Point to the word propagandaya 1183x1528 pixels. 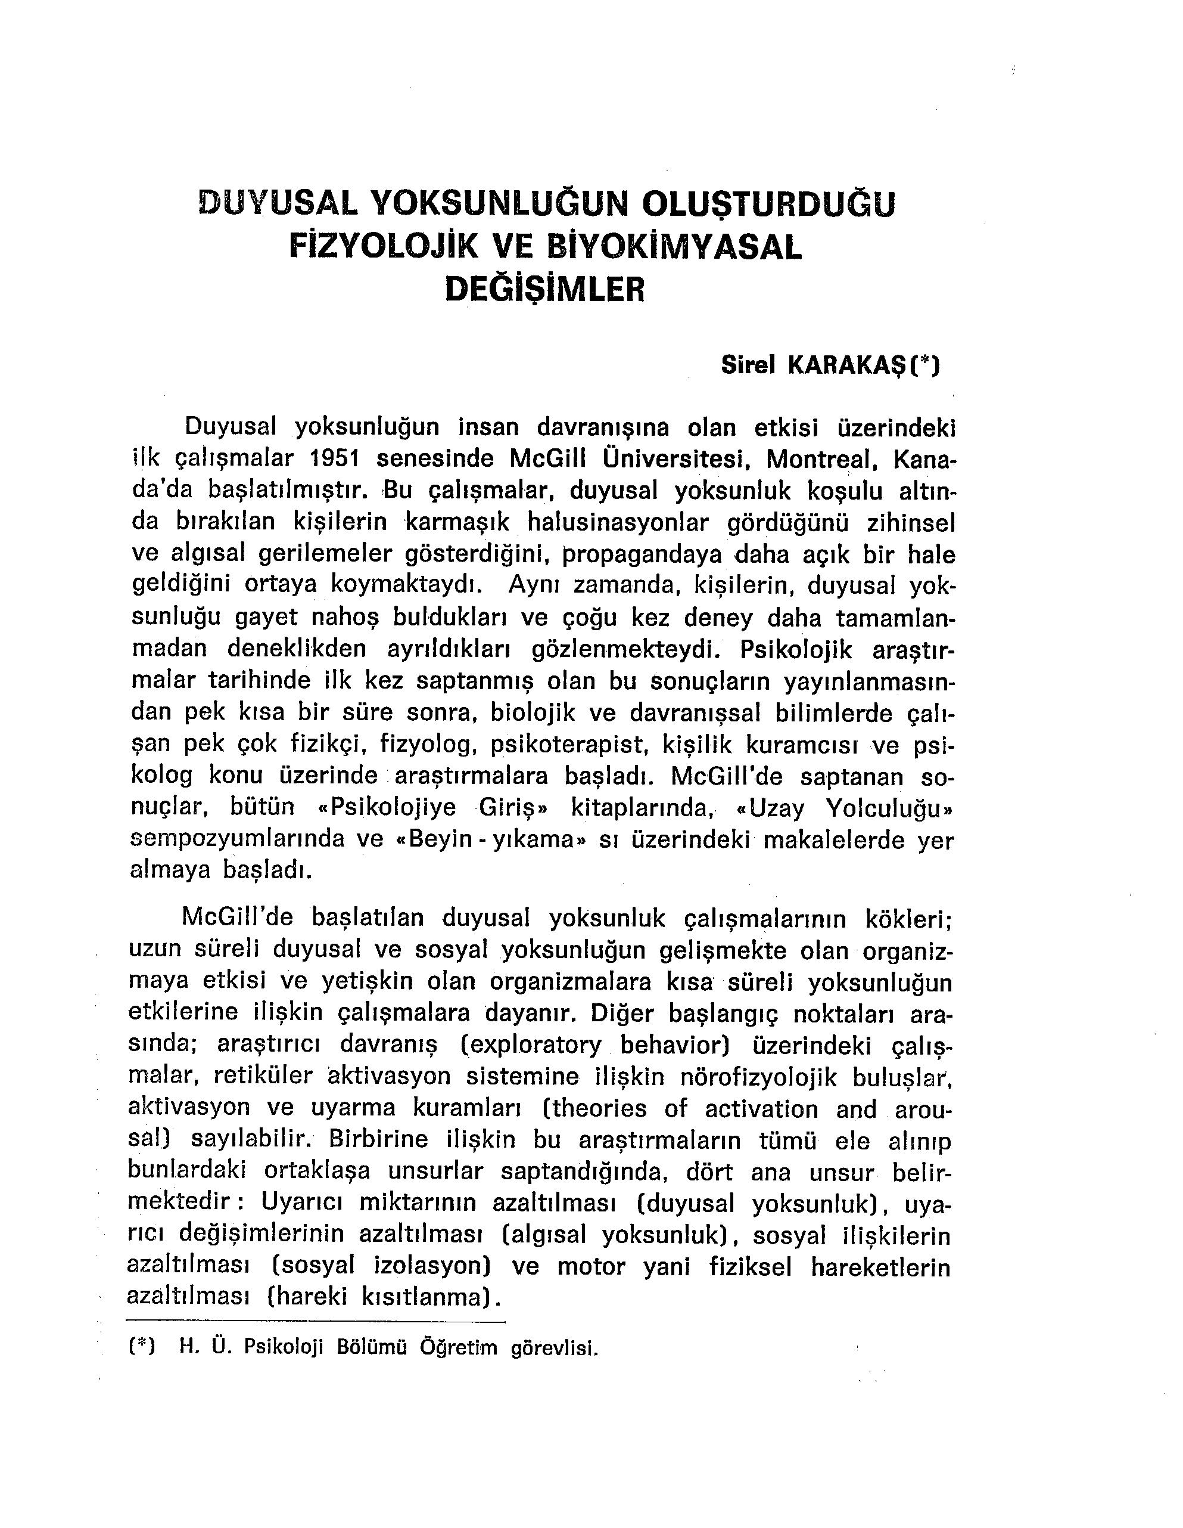pos(642,555)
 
